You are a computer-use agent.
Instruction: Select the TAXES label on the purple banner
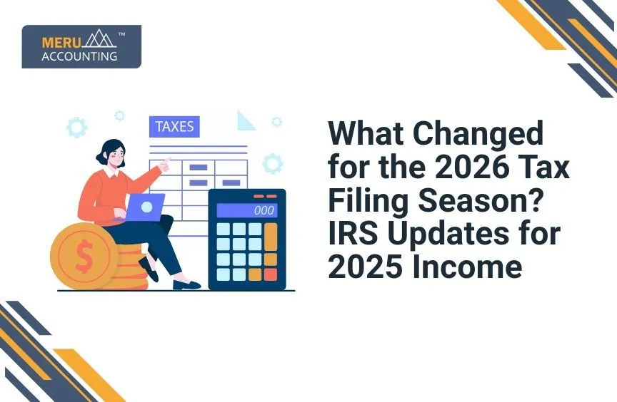click(174, 127)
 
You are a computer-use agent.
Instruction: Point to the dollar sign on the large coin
click(84, 258)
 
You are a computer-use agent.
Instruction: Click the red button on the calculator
click(271, 274)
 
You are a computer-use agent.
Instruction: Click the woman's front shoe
click(186, 285)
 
